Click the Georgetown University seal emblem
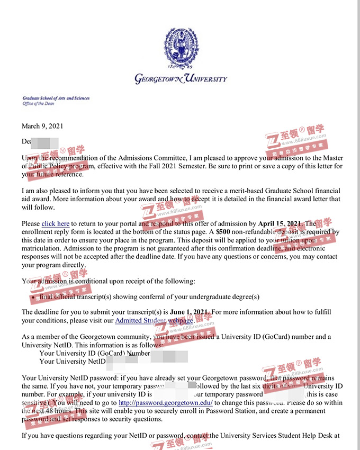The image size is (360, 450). [181, 48]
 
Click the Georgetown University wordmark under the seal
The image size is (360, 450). [181, 79]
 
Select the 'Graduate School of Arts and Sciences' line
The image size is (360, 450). [56, 98]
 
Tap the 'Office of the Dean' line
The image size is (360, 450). [38, 104]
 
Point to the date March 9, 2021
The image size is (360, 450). [42, 126]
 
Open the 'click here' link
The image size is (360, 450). [56, 224]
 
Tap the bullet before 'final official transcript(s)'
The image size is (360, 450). [34, 297]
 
